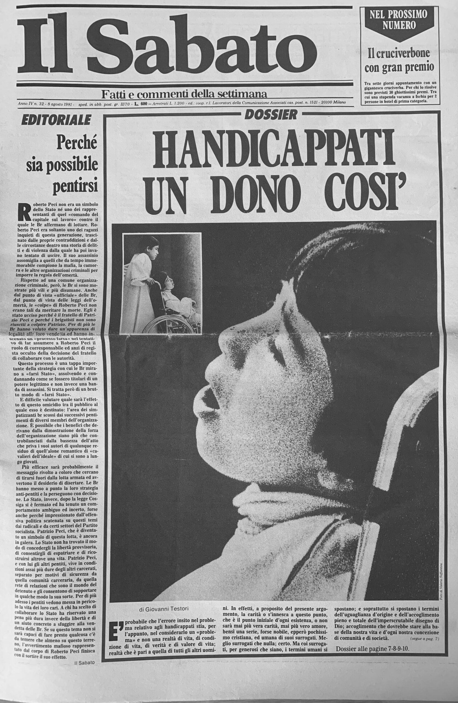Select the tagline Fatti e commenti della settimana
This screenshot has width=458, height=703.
tap(184, 94)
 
